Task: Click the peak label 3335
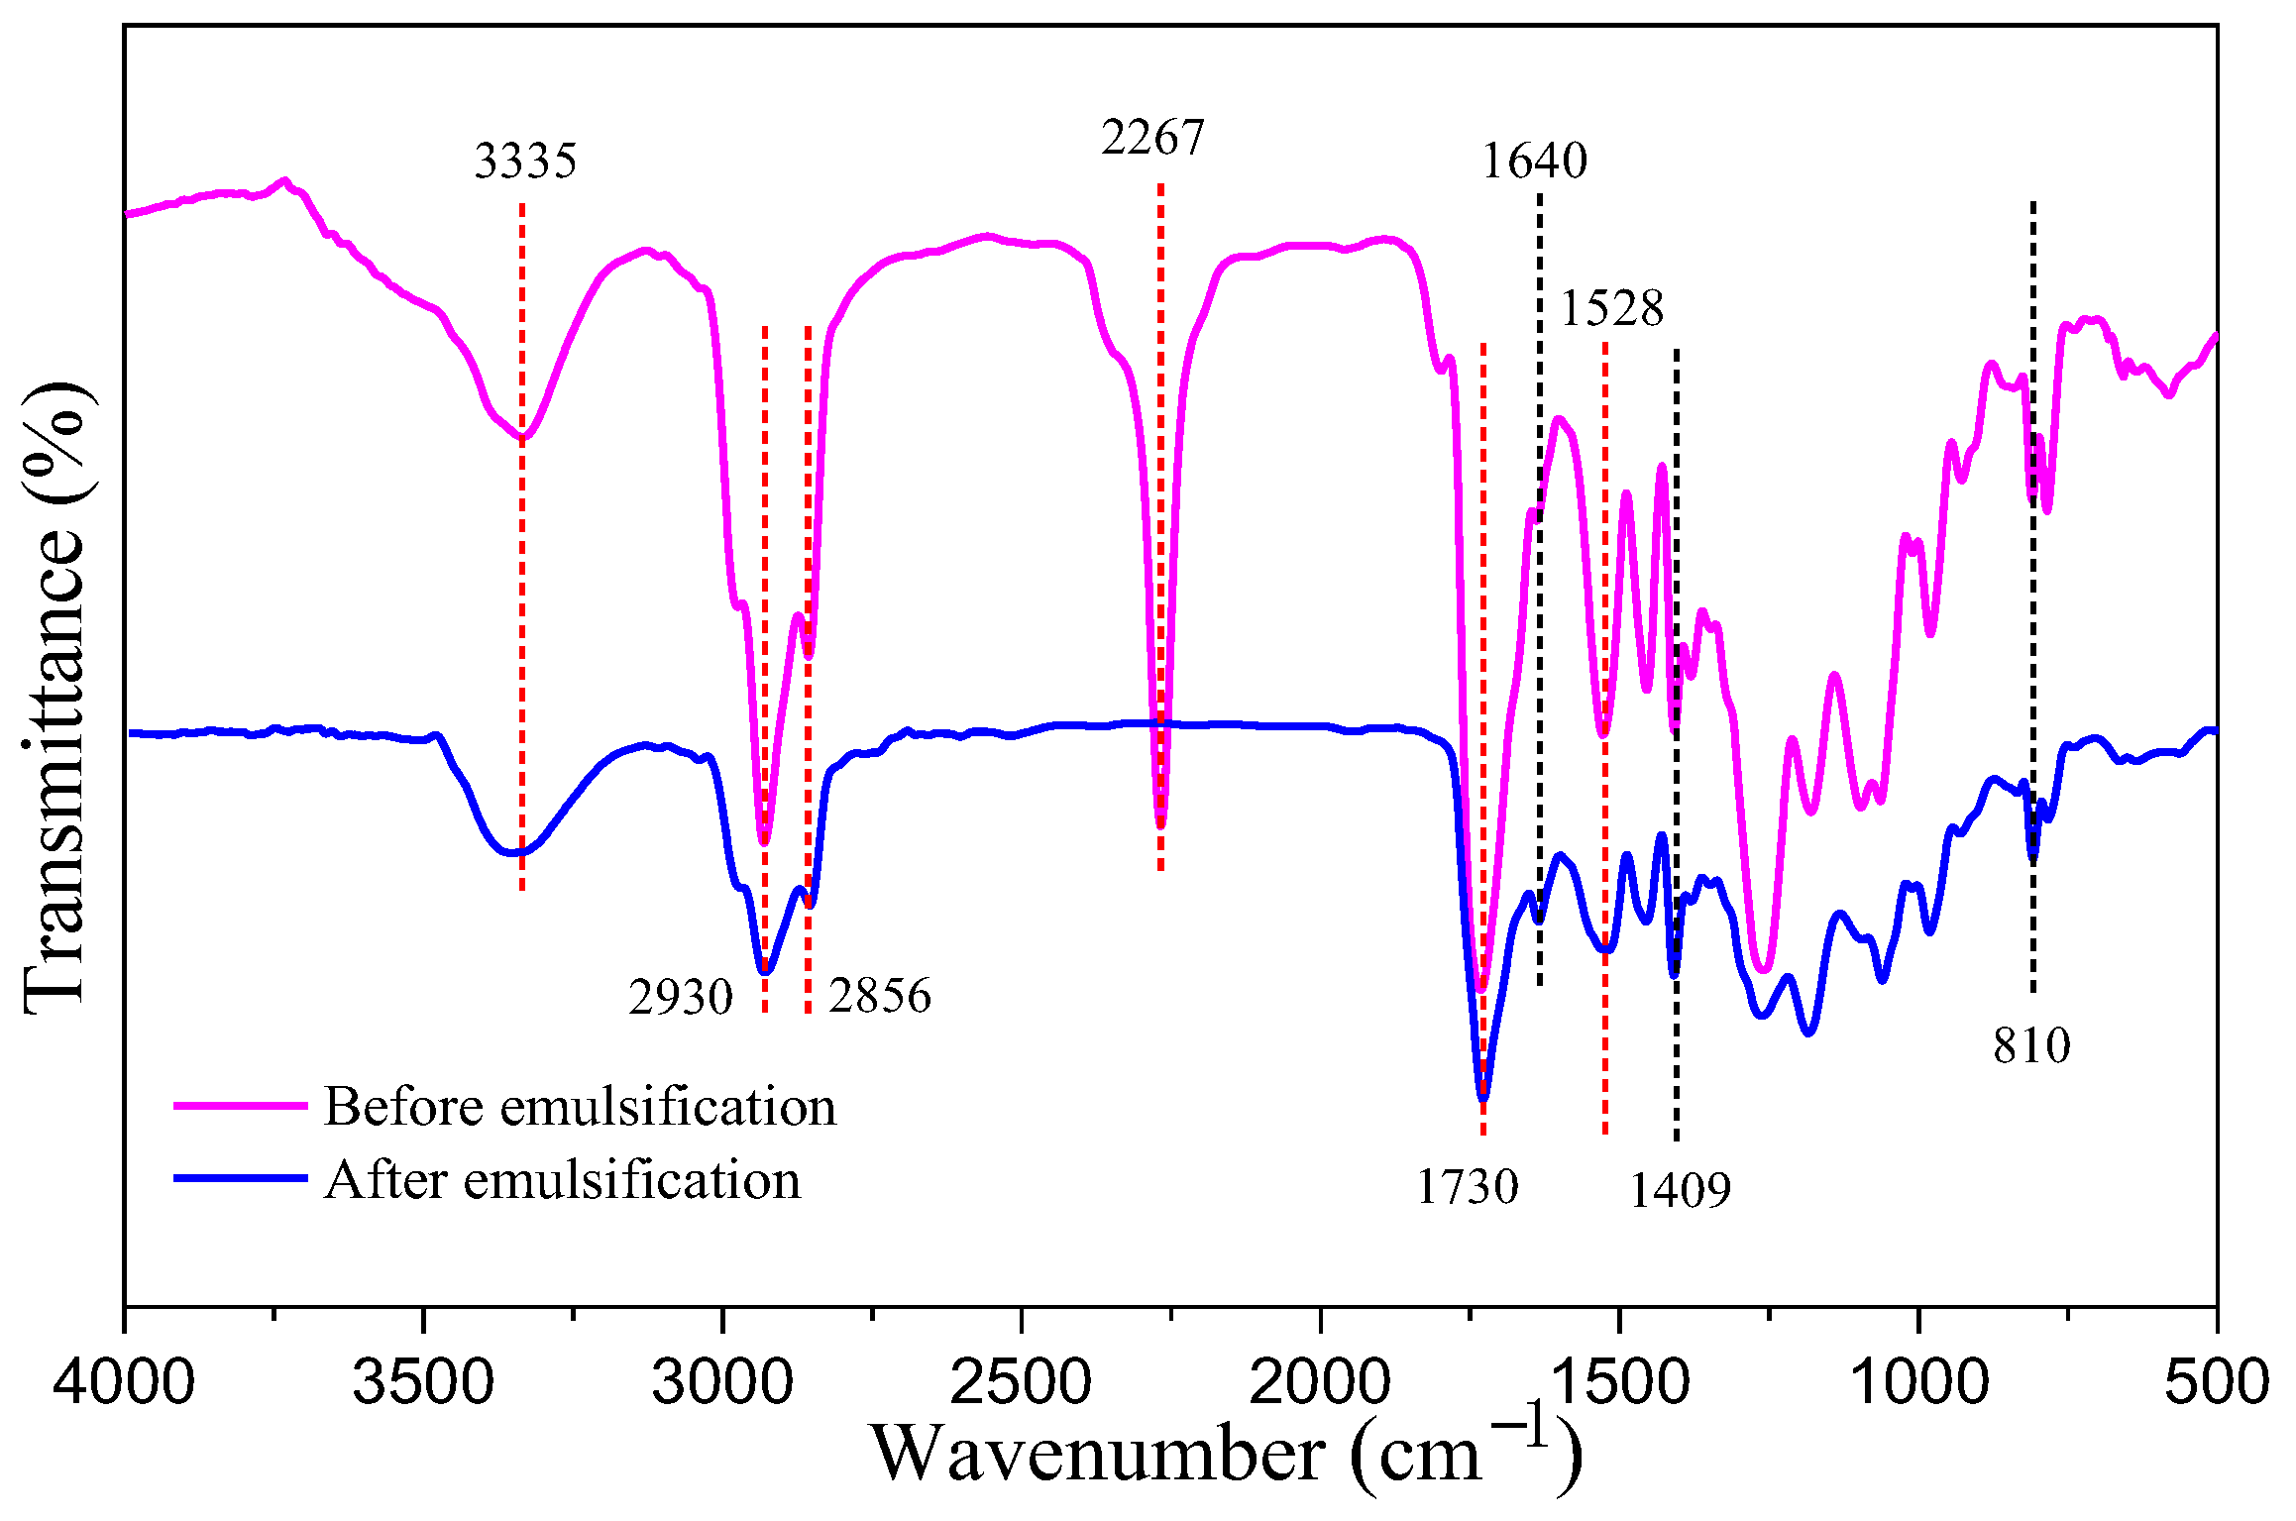pos(525,162)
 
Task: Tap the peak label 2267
pos(1151,138)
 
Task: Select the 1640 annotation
pos(1534,161)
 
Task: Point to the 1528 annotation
pos(1611,309)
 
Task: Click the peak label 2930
pos(681,997)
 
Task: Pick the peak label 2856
pos(880,995)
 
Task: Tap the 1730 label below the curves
pos(1467,1186)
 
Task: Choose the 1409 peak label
pos(1680,1189)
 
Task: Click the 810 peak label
pos(2031,1045)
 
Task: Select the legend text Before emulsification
pos(580,1107)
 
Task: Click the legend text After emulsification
pos(562,1180)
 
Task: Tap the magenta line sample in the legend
pos(241,1104)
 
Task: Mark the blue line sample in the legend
pos(241,1178)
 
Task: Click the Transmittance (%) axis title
pos(56,696)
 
